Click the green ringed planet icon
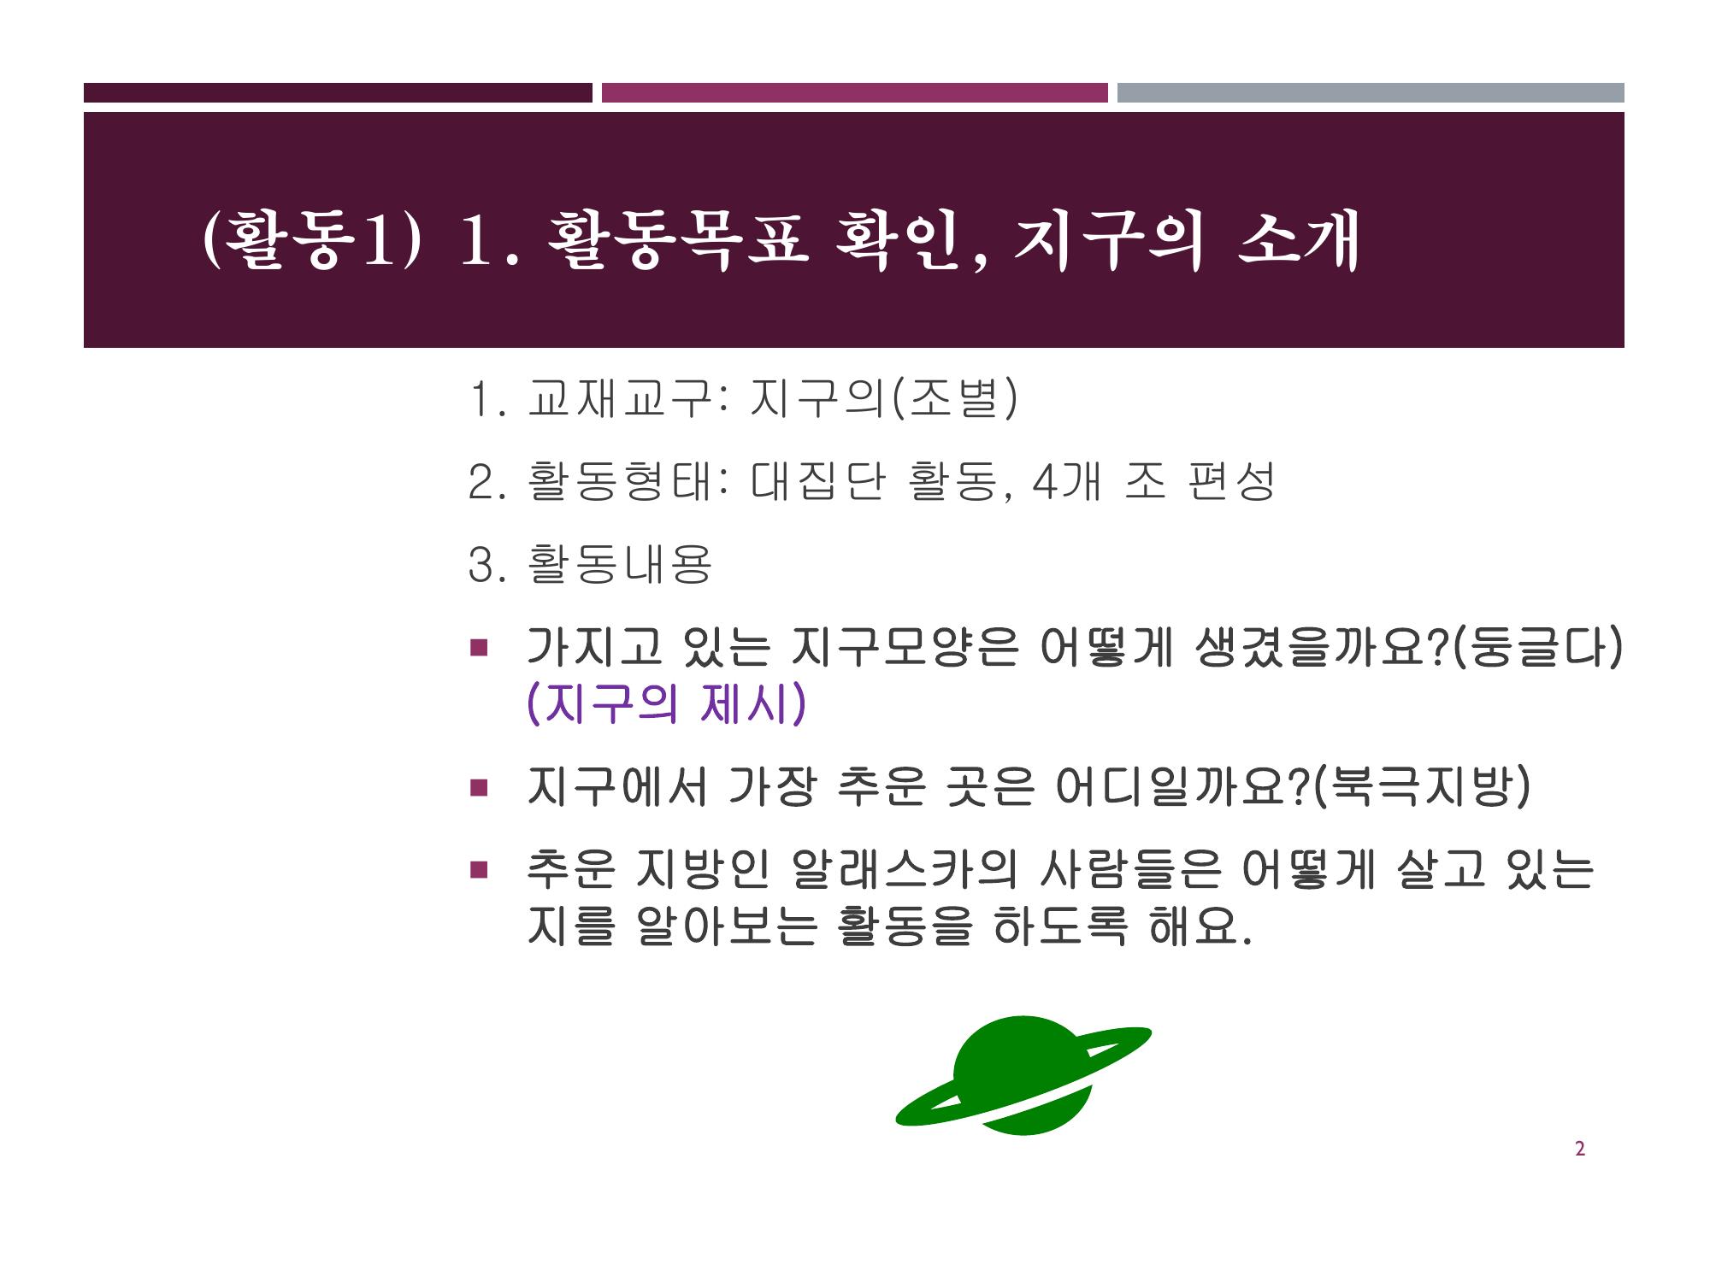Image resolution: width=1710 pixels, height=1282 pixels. point(1023,1076)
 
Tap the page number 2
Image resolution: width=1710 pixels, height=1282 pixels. point(1579,1150)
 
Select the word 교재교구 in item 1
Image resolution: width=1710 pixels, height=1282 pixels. point(619,397)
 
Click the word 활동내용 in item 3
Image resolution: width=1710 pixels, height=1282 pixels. point(619,564)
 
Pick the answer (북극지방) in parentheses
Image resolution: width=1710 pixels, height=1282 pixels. point(1420,786)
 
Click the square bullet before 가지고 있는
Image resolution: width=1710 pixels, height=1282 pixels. point(477,647)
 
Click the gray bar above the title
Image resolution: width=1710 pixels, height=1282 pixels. point(1371,92)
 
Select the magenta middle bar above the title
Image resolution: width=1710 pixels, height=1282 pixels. point(855,92)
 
